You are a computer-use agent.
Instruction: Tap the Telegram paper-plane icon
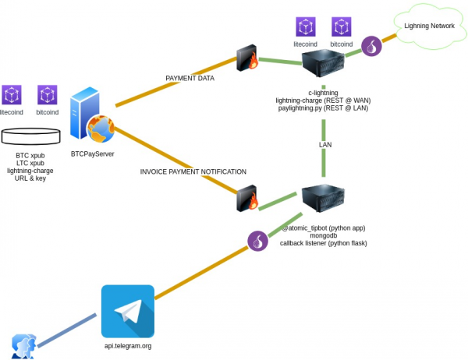(127, 311)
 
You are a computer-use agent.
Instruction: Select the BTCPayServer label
(93, 154)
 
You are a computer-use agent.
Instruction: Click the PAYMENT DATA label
(190, 79)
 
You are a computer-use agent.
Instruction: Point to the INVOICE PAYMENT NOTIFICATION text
(193, 171)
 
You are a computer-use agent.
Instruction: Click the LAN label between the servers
(325, 145)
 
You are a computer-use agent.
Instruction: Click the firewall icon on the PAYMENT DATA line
(247, 59)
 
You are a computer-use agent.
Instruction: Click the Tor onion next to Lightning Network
(373, 47)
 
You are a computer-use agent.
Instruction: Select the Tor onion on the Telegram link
(257, 242)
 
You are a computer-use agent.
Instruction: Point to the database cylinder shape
(31, 137)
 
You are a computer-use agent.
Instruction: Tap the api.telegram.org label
(128, 344)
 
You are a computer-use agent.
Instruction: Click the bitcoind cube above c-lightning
(341, 27)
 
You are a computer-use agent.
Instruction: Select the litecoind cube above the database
(12, 94)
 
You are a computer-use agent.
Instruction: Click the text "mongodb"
(322, 236)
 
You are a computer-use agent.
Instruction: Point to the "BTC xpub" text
(30, 156)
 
